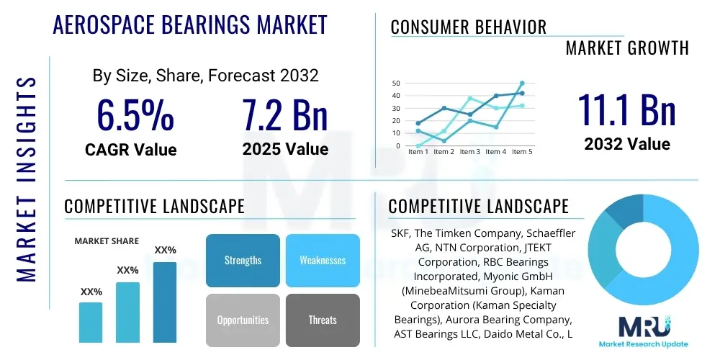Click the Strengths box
243,260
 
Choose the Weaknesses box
322,260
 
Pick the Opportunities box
243,320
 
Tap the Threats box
322,320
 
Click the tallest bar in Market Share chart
165,302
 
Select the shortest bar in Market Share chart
91,322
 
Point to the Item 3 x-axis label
469,152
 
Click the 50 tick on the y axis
396,84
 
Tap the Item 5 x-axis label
521,152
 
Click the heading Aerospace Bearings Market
190,25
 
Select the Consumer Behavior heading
468,27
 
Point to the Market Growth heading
627,48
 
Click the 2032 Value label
627,143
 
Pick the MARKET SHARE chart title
107,241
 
